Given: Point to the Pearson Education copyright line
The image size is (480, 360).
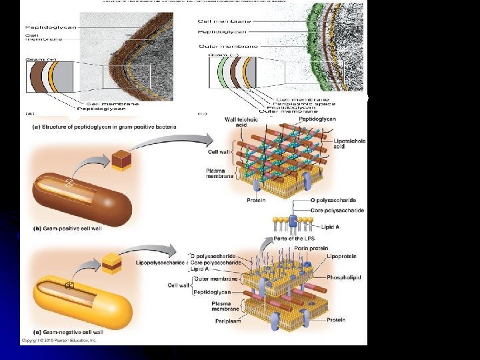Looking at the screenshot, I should pos(61,340).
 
